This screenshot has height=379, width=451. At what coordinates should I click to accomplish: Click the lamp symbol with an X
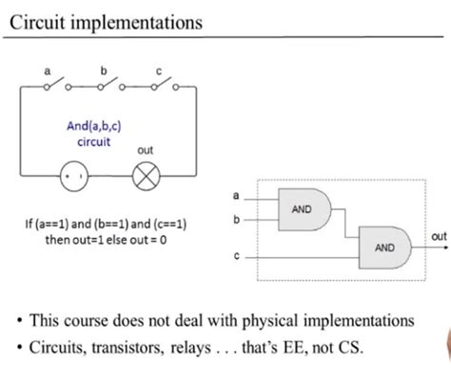coord(146,177)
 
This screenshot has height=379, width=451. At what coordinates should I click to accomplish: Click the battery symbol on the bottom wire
coord(75,177)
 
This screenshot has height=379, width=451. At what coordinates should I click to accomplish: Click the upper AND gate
coord(302,209)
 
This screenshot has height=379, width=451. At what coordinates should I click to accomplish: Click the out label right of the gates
coord(439,236)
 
